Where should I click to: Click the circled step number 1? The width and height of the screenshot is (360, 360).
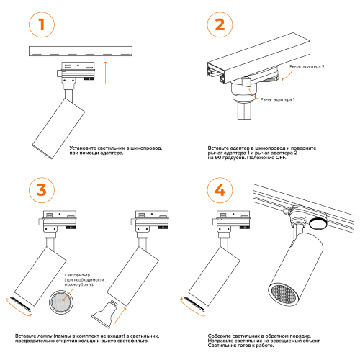click(42, 24)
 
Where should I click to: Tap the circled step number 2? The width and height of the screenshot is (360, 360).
click(220, 24)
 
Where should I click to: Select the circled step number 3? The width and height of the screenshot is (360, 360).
click(42, 190)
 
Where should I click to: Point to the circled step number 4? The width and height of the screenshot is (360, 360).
click(220, 190)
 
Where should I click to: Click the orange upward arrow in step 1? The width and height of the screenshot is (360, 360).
click(105, 73)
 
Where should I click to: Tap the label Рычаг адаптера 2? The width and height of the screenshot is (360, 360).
click(307, 66)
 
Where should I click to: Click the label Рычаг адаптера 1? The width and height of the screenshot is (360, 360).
click(277, 99)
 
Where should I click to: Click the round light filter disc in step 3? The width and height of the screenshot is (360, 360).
click(61, 302)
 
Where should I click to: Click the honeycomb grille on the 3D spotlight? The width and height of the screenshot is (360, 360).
click(283, 294)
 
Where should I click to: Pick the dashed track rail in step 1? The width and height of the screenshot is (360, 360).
click(81, 51)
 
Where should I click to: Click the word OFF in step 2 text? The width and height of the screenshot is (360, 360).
click(281, 158)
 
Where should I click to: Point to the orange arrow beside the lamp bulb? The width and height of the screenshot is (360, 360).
click(120, 316)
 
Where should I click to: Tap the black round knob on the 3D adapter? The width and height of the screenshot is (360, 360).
click(318, 223)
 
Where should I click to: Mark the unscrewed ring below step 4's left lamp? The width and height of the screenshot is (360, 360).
click(194, 305)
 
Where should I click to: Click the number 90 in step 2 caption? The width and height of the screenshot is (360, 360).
click(218, 158)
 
